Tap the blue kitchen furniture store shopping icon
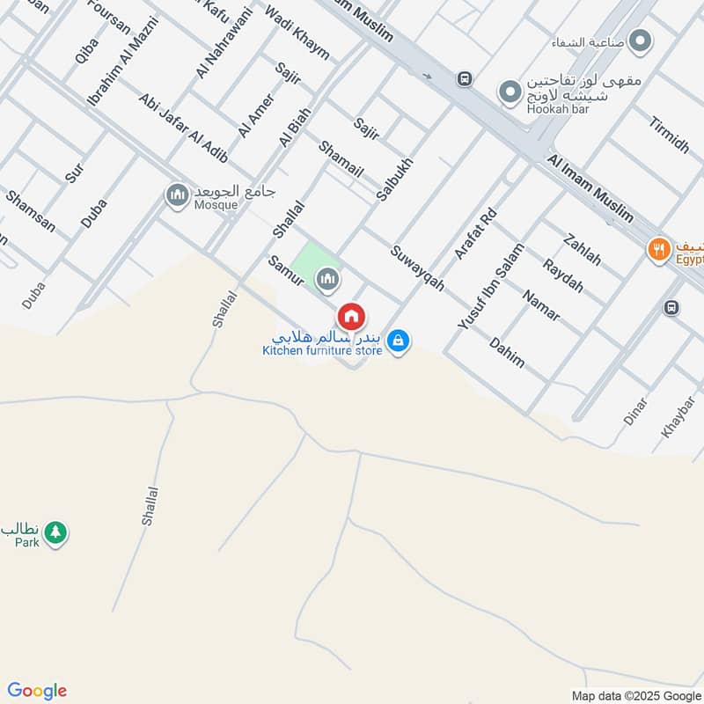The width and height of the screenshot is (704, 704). (x=399, y=340)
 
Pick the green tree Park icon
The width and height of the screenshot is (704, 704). (x=56, y=532)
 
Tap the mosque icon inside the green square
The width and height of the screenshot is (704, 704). (x=327, y=280)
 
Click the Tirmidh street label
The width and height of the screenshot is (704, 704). (x=668, y=134)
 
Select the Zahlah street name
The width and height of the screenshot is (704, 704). (x=583, y=249)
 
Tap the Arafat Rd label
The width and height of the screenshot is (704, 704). (x=476, y=232)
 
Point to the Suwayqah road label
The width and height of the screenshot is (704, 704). (x=418, y=268)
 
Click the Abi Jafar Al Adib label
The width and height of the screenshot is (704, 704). (x=182, y=128)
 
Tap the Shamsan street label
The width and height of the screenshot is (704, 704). (x=30, y=211)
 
